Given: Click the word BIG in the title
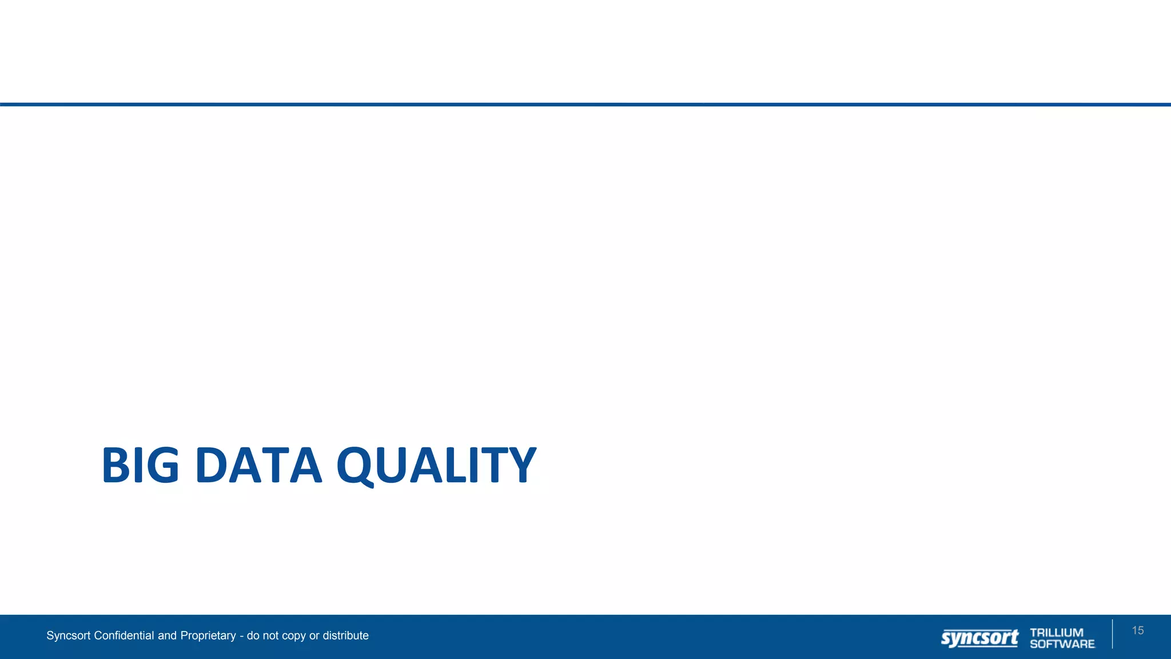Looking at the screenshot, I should [140, 465].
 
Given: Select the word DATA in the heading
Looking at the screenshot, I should [258, 465].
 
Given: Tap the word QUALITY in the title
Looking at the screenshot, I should [436, 465].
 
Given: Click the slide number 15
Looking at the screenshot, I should [1137, 630].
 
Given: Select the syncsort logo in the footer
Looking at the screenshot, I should [979, 637].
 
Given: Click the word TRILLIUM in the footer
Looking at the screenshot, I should [1057, 632].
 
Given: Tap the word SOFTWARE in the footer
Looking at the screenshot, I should [1062, 644].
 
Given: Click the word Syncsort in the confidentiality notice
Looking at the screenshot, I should [69, 636].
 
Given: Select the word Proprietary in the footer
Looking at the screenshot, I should [208, 636].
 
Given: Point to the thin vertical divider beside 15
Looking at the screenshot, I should [1113, 634].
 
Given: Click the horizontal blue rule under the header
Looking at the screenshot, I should [585, 105].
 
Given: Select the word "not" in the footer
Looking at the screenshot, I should [271, 636].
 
